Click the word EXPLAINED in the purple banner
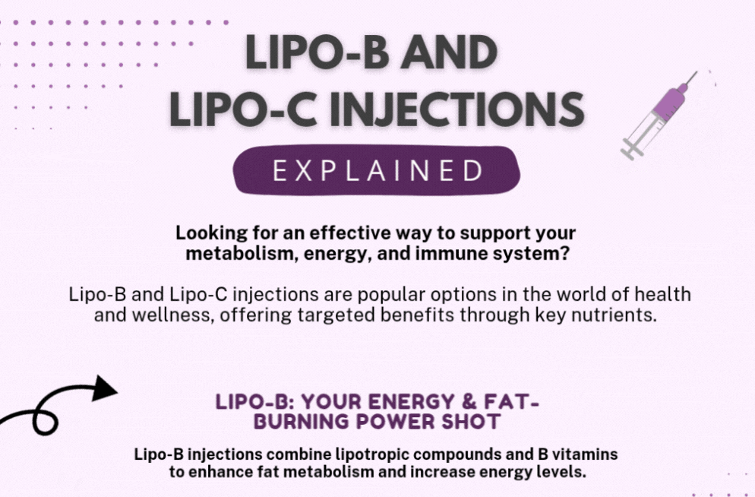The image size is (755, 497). (377, 170)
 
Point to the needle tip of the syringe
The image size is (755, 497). (697, 72)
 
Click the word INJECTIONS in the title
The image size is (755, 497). (457, 109)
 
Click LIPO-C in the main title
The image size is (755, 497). (243, 109)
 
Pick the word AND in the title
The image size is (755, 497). (449, 52)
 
